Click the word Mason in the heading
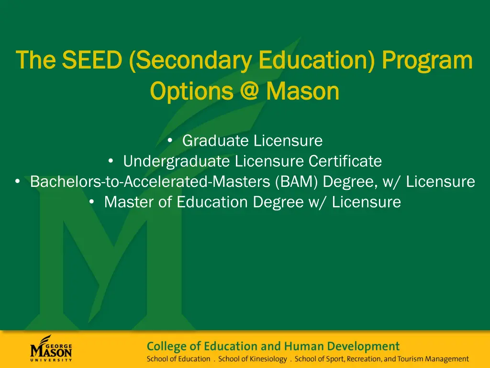point(302,91)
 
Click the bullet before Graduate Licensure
point(170,140)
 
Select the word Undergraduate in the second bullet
point(177,161)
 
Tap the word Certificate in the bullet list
point(345,161)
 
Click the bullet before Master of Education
point(92,202)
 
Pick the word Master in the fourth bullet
point(126,202)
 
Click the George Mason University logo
point(51,348)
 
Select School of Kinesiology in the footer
point(253,359)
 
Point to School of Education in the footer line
point(178,359)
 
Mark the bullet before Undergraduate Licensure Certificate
point(111,161)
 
